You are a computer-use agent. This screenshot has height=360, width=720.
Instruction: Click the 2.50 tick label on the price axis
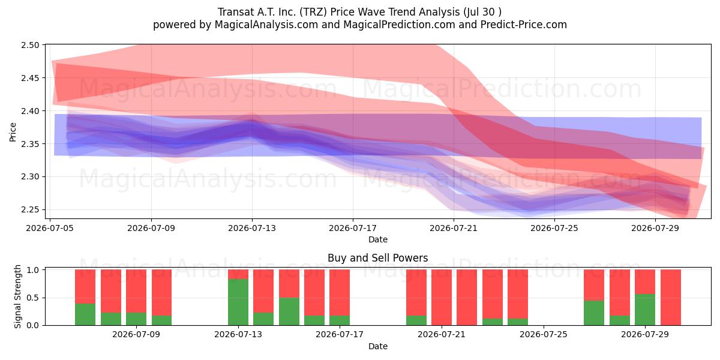pyautogui.click(x=30, y=45)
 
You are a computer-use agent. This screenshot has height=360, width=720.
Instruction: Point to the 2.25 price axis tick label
pyautogui.click(x=30, y=209)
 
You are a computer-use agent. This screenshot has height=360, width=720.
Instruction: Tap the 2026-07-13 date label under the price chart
pyautogui.click(x=252, y=228)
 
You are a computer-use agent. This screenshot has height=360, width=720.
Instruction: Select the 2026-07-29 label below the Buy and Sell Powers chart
pyautogui.click(x=645, y=335)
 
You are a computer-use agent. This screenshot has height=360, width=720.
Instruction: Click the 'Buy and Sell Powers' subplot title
pyautogui.click(x=377, y=258)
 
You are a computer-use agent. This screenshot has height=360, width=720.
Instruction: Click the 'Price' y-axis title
pyautogui.click(x=13, y=132)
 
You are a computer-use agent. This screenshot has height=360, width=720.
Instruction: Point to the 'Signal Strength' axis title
pyautogui.click(x=17, y=296)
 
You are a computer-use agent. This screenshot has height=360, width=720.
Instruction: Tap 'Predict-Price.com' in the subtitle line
pyautogui.click(x=524, y=25)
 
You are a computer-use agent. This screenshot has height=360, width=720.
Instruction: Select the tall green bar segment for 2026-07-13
pyautogui.click(x=238, y=302)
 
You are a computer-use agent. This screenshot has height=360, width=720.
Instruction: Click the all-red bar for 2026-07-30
pyautogui.click(x=671, y=298)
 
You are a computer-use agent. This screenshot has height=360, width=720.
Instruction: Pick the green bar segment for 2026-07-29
pyautogui.click(x=645, y=310)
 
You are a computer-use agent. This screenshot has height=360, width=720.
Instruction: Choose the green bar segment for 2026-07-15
pyautogui.click(x=289, y=311)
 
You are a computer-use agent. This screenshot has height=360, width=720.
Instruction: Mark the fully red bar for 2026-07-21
pyautogui.click(x=442, y=298)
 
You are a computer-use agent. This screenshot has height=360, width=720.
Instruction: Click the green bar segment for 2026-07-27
pyautogui.click(x=594, y=313)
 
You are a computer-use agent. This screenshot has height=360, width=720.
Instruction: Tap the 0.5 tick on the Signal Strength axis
pyautogui.click(x=33, y=298)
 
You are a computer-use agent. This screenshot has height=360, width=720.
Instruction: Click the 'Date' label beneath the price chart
pyautogui.click(x=377, y=239)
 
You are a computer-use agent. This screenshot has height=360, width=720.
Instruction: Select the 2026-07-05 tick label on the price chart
pyautogui.click(x=50, y=228)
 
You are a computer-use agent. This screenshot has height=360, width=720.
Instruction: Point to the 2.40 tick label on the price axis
pyautogui.click(x=30, y=111)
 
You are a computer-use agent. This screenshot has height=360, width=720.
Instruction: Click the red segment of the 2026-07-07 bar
pyautogui.click(x=111, y=291)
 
